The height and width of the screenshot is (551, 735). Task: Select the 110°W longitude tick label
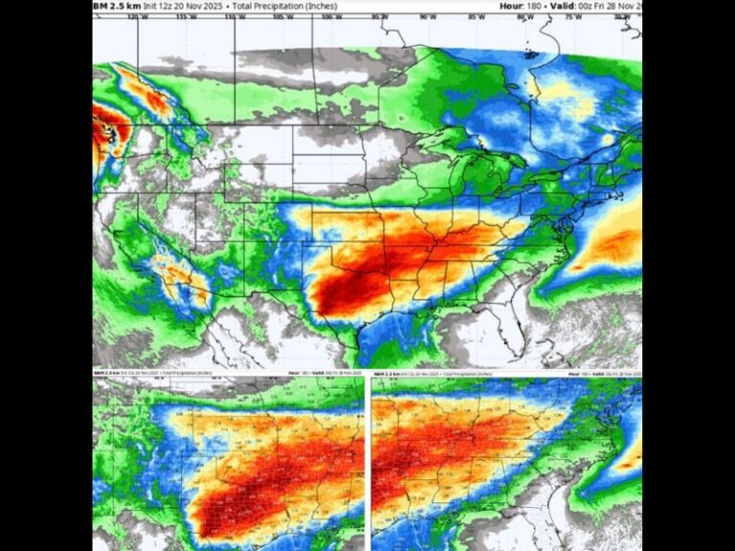point(231,16)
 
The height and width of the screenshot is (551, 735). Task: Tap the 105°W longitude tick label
point(279,16)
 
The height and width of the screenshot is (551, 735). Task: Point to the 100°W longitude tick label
point(328,16)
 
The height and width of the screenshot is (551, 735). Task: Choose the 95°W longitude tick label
point(378,16)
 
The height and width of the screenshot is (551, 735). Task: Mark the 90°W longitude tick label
point(427,16)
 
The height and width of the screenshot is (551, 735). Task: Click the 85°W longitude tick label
point(476,16)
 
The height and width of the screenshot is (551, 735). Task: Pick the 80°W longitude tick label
point(524,16)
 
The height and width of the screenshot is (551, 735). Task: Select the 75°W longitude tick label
point(573,16)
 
